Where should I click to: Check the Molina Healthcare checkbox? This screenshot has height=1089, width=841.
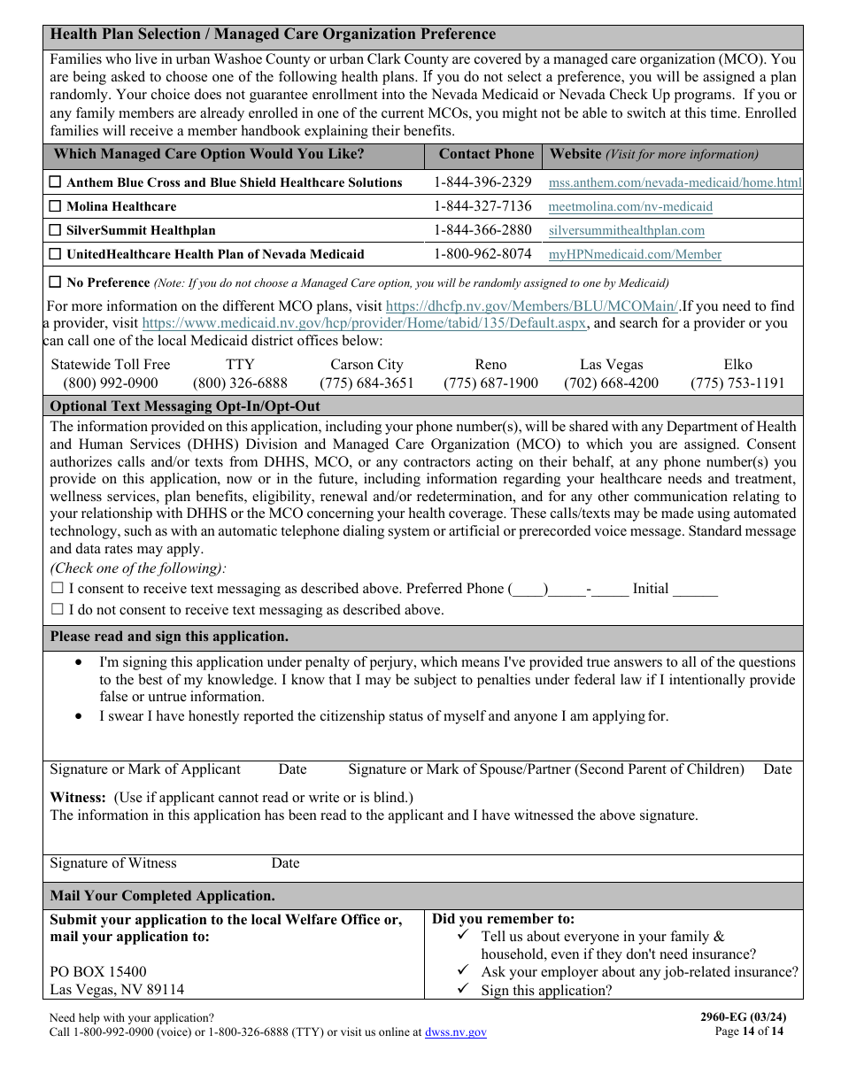click(56, 206)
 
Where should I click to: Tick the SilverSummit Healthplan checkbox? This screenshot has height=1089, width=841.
click(56, 230)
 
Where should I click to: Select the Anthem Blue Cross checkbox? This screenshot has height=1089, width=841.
click(56, 182)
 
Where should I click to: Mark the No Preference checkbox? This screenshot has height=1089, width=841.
click(56, 282)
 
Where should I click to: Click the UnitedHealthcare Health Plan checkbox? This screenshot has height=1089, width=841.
click(56, 254)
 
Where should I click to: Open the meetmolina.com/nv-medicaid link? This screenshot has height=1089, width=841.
click(630, 206)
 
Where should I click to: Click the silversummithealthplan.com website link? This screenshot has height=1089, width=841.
click(627, 230)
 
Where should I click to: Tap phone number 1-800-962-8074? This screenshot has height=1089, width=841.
click(482, 254)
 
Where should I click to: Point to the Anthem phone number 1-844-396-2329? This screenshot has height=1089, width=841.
click(482, 182)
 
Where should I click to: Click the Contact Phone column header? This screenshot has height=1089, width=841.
click(486, 154)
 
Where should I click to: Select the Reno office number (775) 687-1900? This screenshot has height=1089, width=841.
click(490, 383)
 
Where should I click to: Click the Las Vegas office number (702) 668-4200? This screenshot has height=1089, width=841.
click(611, 383)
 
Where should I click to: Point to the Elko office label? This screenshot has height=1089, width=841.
click(737, 365)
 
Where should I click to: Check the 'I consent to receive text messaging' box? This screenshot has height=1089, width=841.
click(58, 589)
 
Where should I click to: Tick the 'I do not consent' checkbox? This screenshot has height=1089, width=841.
click(58, 610)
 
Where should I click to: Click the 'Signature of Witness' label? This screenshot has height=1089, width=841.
click(113, 863)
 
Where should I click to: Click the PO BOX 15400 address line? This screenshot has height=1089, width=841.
click(98, 971)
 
